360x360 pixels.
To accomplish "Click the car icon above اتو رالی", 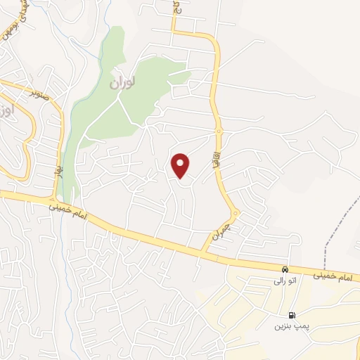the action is tap(284, 269).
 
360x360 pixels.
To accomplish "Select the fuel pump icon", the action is tap(292, 316).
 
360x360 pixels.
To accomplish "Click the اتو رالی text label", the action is tap(285, 281).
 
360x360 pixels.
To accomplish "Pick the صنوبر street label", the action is tap(40, 92).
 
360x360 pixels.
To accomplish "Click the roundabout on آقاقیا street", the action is tap(219, 131).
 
